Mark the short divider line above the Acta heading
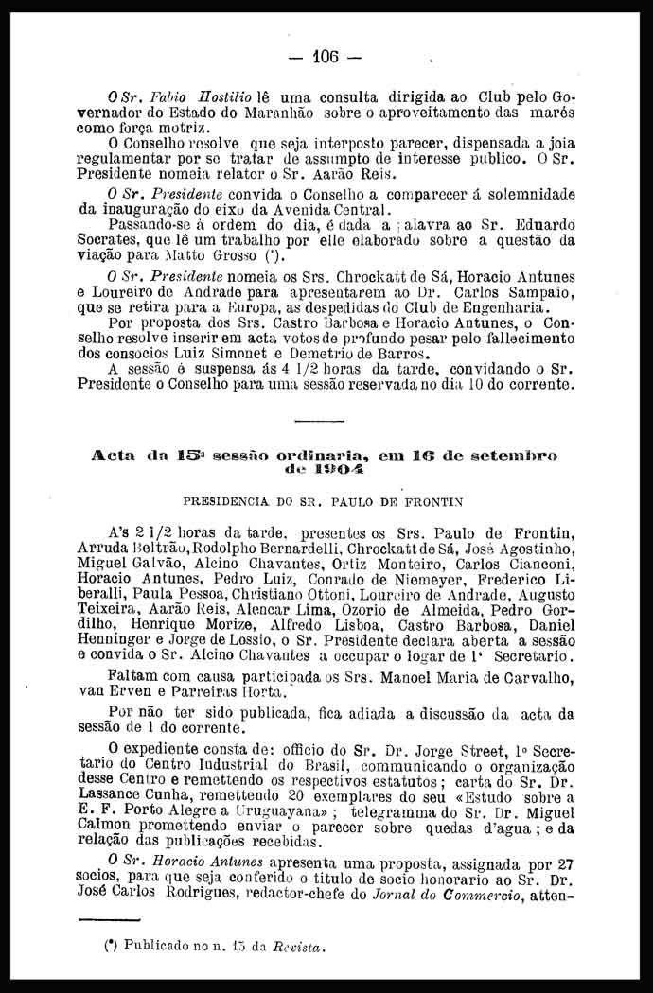318,420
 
